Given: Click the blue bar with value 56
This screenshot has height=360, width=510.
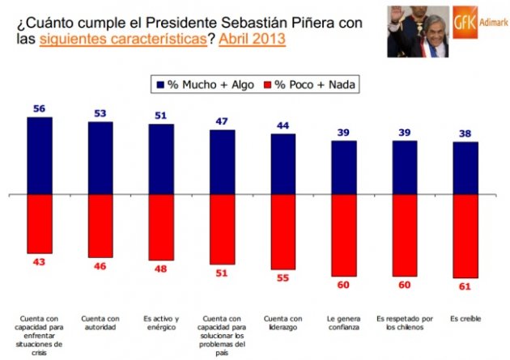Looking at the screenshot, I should [x=40, y=156].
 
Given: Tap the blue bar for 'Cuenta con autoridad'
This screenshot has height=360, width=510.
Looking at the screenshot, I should [x=100, y=159].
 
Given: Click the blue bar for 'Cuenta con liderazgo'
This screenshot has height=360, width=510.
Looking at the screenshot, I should [x=283, y=164].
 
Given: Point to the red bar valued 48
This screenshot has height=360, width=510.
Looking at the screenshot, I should [x=161, y=229].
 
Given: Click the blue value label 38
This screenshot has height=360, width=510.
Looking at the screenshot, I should [x=465, y=133].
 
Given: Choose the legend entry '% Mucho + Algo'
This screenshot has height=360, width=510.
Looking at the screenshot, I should [x=194, y=83].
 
